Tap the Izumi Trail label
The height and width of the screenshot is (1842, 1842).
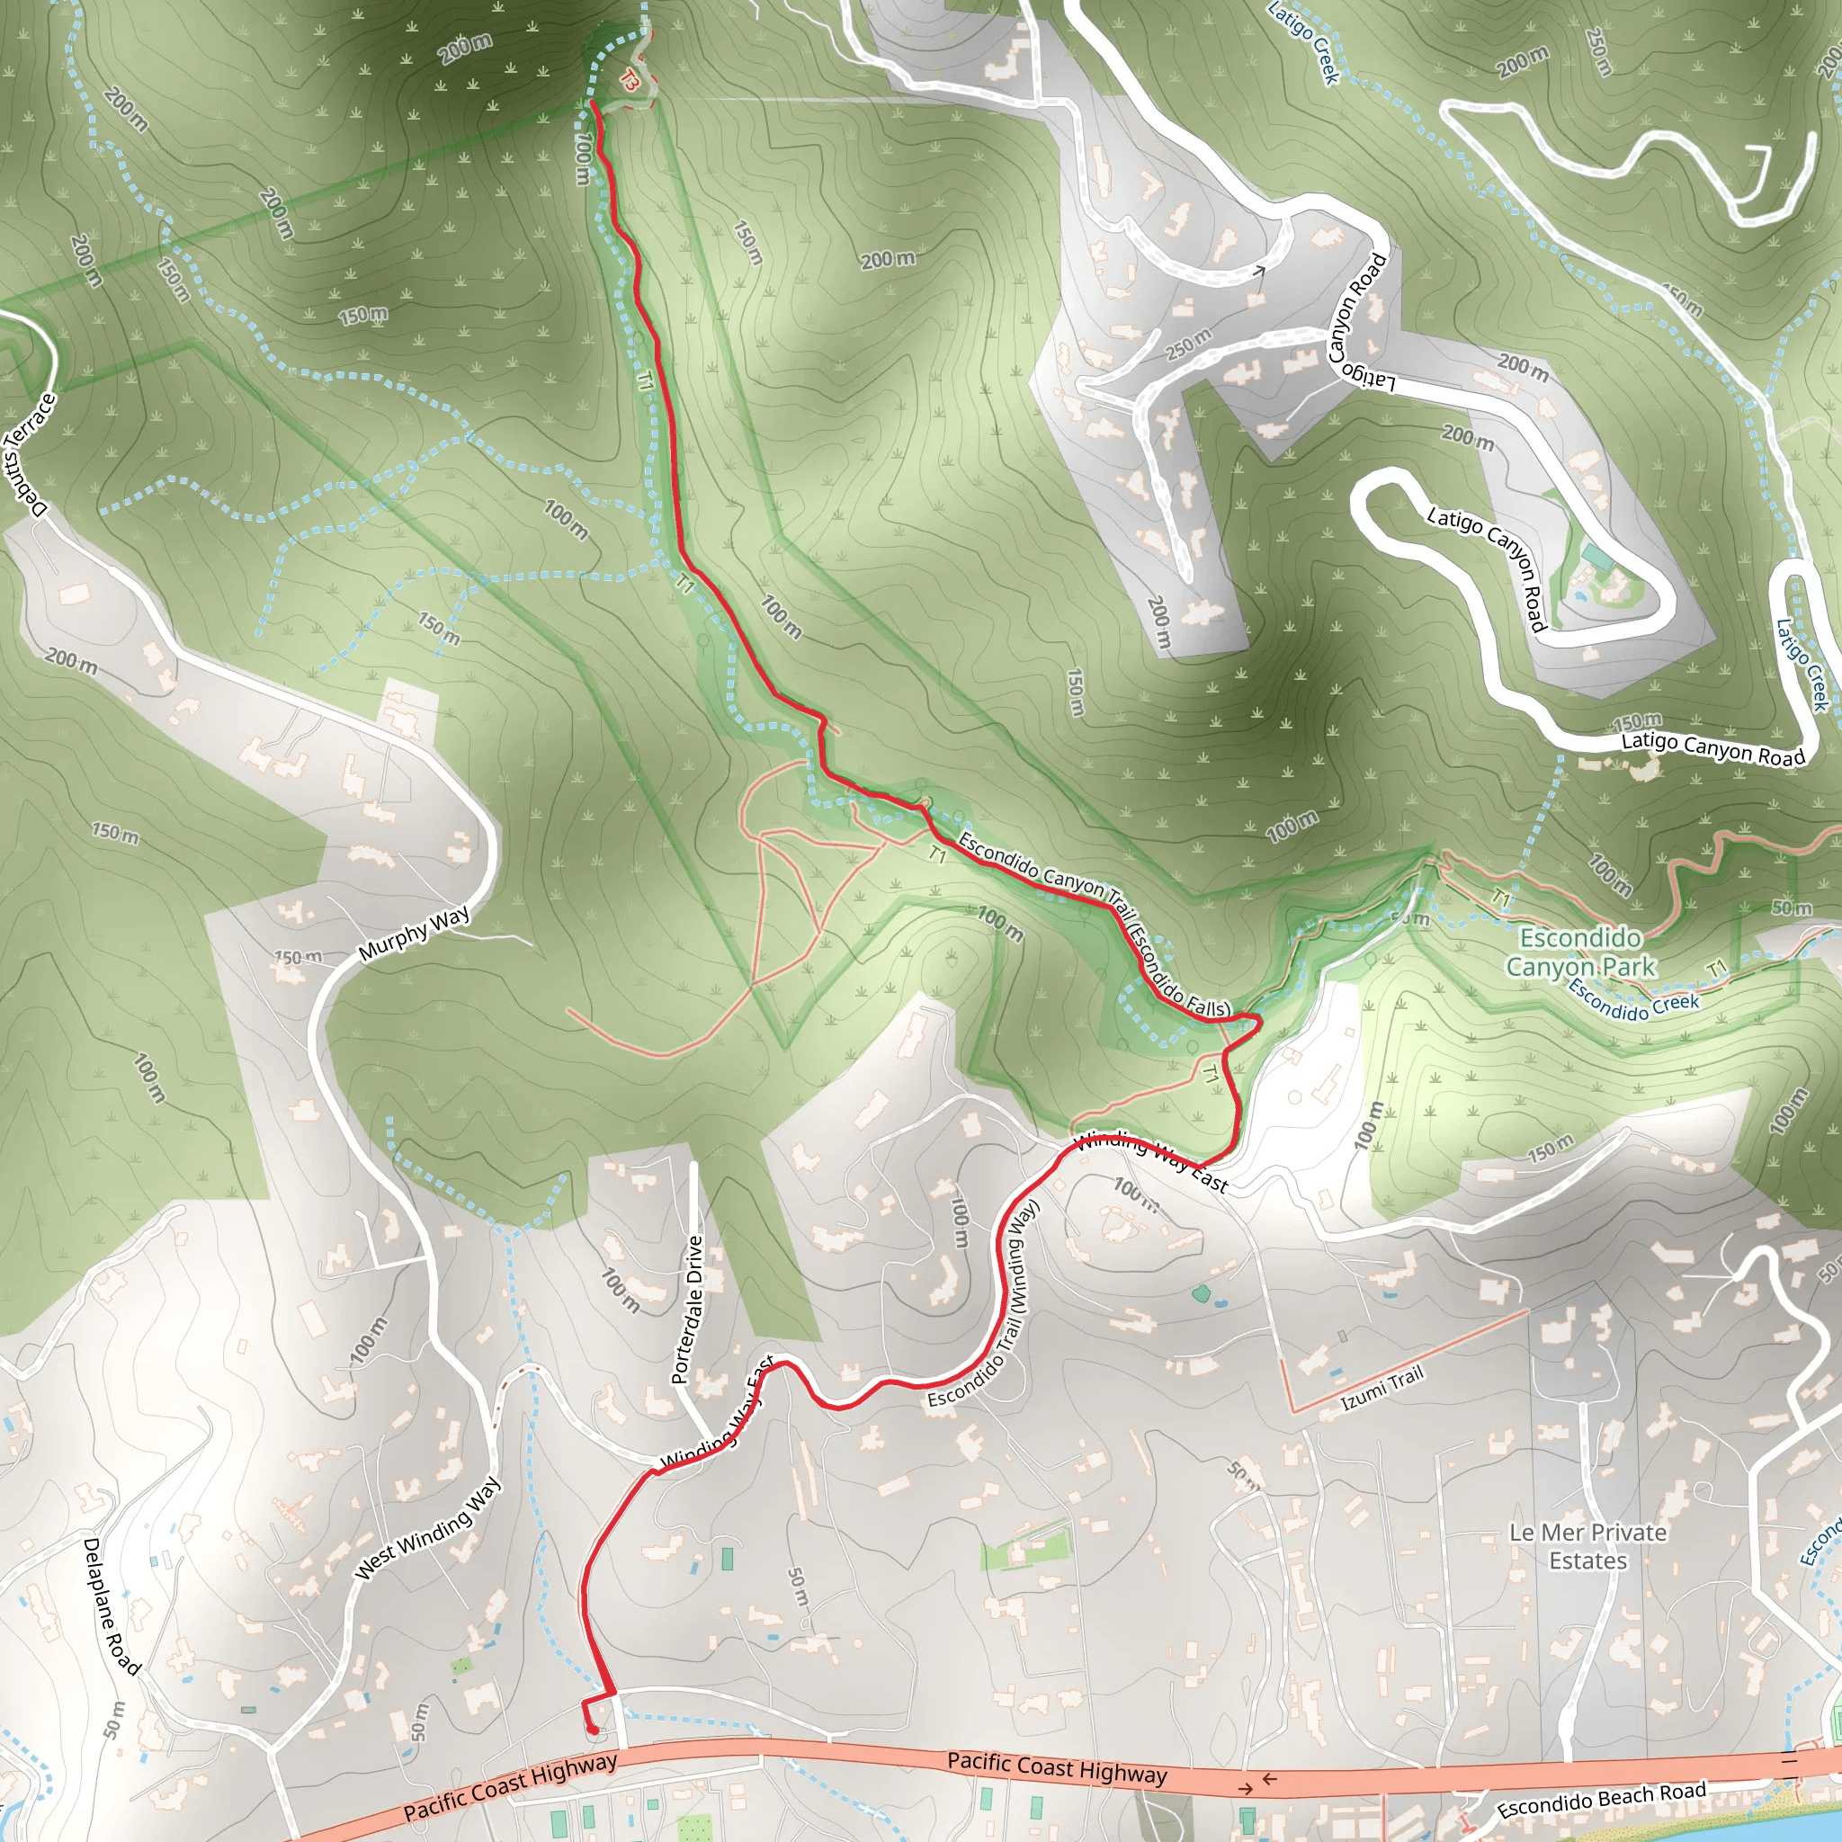pos(1381,1387)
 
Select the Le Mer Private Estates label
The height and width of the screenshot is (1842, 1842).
pos(1587,1546)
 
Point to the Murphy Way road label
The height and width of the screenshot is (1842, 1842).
pos(414,934)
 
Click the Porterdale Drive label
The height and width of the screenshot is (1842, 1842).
pos(686,1309)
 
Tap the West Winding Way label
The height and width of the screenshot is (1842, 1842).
pos(427,1527)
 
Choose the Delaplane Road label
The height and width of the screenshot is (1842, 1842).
pos(112,1605)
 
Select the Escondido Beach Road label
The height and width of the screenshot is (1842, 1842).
pos(1601,1799)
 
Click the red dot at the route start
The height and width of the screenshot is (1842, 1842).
pos(592,1729)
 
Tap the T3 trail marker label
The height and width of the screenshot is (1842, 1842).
pos(630,81)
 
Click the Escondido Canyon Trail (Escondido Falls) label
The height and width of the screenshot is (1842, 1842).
pos(1094,921)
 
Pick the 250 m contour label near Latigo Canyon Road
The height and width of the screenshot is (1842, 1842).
pos(1188,344)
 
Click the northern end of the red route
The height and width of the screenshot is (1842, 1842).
pos(594,101)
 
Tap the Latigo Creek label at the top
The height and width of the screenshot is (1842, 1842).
pos(1304,42)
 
